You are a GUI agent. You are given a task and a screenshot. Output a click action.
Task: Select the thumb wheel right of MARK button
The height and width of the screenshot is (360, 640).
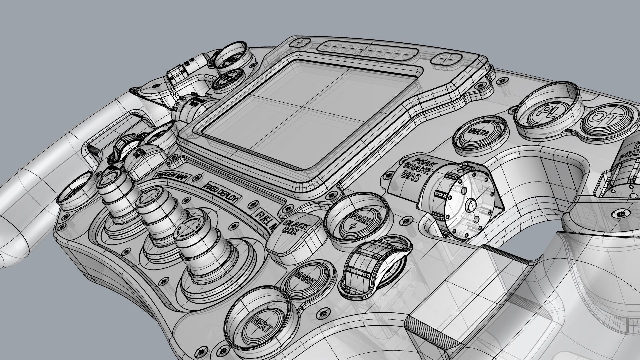coord(375,267)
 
